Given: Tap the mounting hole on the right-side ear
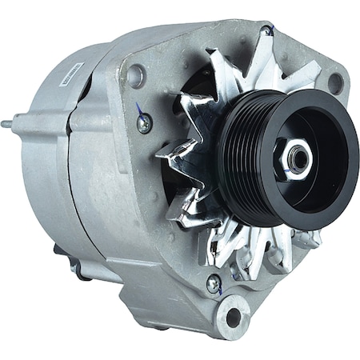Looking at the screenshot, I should (x=335, y=83).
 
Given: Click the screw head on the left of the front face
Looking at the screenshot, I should (x=145, y=123).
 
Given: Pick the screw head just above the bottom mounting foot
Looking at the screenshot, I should (x=214, y=282).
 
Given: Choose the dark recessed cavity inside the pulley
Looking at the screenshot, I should (x=316, y=144).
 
